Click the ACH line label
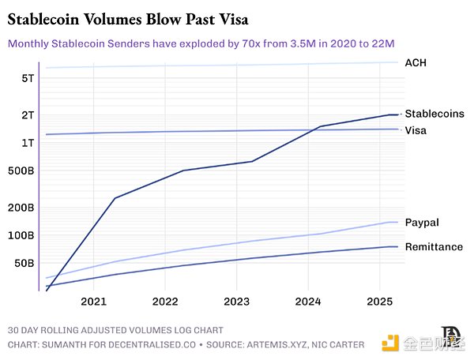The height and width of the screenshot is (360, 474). point(416,62)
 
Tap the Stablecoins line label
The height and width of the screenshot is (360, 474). point(434,114)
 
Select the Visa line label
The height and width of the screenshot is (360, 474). point(416,130)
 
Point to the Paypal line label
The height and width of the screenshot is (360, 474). point(422,223)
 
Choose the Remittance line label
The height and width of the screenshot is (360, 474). point(434,247)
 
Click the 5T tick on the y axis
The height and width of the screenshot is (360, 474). point(27,78)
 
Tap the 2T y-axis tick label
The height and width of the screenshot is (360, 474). point(27,114)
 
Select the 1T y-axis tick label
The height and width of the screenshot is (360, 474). point(27,143)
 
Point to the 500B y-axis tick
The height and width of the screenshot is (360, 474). point(21,171)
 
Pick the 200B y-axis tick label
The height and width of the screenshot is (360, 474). point(21,208)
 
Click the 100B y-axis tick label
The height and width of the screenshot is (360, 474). point(21,235)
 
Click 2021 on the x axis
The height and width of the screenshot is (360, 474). point(93,302)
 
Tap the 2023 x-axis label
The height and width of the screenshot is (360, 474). point(236,302)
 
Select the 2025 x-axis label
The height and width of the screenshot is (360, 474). point(379,302)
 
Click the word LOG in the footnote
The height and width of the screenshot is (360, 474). point(179,330)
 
